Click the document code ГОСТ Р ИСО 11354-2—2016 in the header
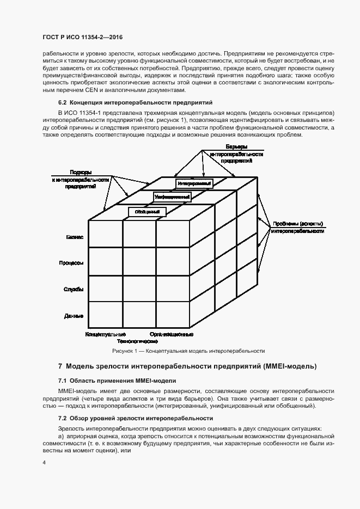82,36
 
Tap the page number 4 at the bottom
44,462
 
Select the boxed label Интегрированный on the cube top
194,183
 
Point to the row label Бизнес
75,237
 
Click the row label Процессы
71,263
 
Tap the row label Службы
74,289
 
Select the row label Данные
74,315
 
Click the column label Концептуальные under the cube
106,334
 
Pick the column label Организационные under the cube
172,334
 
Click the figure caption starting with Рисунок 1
180,351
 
